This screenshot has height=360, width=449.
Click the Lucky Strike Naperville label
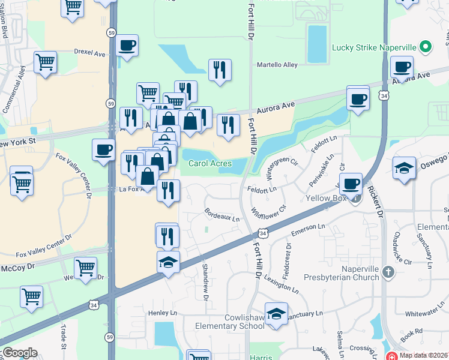(x=375, y=47)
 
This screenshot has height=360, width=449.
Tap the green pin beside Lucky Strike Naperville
(x=426, y=46)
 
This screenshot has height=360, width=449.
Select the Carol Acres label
(x=210, y=163)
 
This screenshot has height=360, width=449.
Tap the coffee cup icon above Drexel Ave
(x=127, y=46)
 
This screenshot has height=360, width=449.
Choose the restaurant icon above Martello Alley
(x=220, y=70)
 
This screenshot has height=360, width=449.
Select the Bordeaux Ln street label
(x=222, y=215)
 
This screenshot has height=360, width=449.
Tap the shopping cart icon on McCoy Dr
(x=85, y=268)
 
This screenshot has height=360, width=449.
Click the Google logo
(x=20, y=353)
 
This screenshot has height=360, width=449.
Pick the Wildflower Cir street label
(x=269, y=212)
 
